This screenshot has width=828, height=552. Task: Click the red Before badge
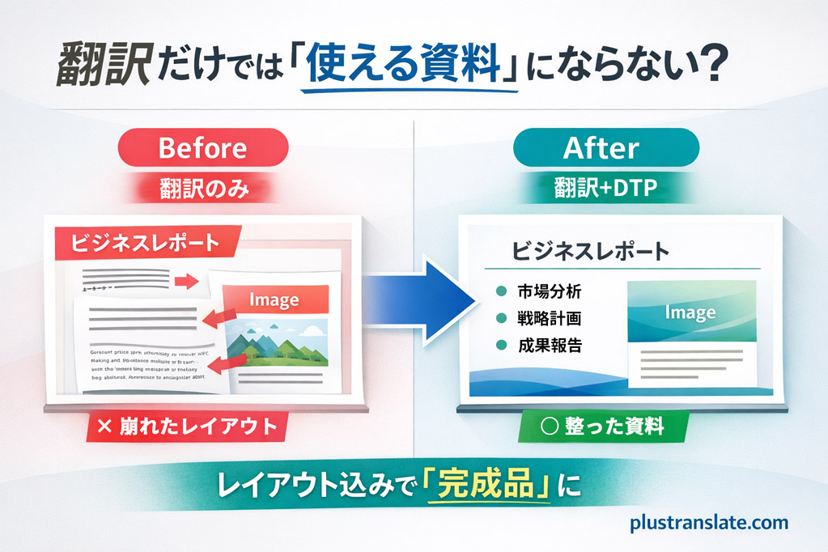(x=202, y=148)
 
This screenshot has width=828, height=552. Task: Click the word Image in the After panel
(x=690, y=312)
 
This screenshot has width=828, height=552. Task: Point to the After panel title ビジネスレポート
(x=591, y=251)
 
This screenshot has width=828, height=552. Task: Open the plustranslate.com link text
(x=709, y=523)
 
